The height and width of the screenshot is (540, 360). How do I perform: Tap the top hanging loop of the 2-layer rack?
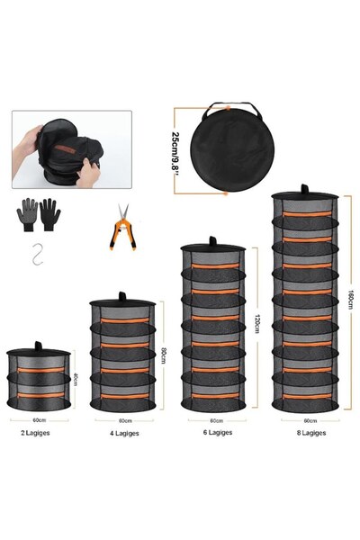(38, 344)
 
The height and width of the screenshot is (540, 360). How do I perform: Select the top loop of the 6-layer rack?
(212, 240)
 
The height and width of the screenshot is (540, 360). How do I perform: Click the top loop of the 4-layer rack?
(123, 298)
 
